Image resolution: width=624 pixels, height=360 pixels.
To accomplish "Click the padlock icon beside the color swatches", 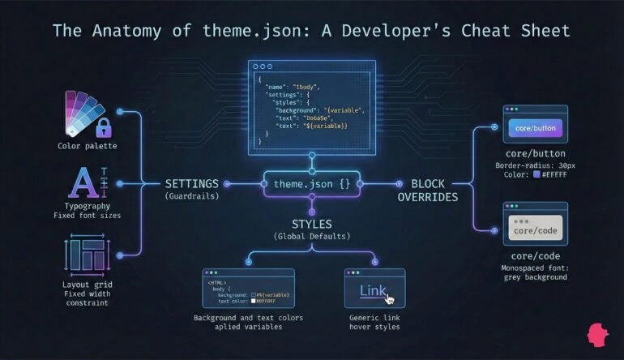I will (103, 127).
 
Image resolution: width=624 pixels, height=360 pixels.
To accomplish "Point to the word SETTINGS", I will (191, 183).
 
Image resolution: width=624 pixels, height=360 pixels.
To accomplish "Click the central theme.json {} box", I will (312, 184).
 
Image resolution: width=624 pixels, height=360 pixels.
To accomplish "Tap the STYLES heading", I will (312, 223).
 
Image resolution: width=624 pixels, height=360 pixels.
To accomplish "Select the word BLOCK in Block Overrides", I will (428, 183).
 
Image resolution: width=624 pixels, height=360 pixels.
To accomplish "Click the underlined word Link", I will (373, 291).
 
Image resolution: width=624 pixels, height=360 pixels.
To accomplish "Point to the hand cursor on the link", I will (390, 298).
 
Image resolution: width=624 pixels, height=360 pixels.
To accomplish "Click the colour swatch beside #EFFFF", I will (536, 175).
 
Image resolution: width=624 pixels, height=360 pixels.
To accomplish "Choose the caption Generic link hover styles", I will (374, 322).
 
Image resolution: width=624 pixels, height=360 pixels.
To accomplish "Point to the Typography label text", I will (87, 207).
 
